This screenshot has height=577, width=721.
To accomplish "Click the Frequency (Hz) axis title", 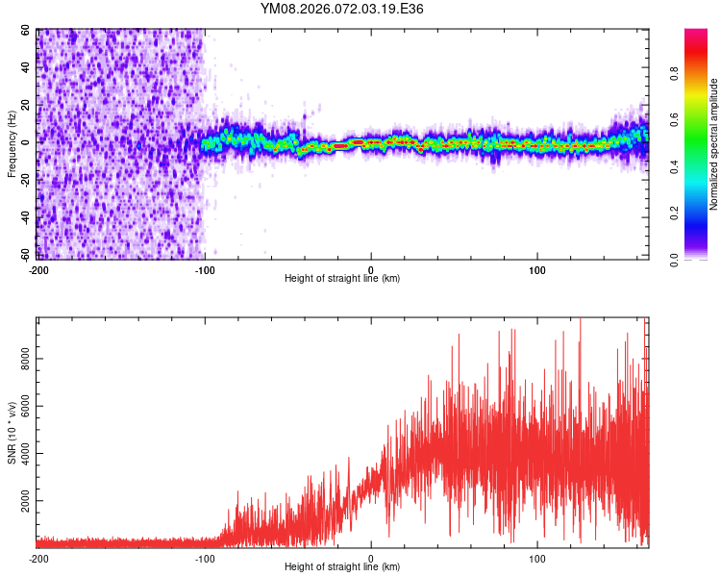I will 12,143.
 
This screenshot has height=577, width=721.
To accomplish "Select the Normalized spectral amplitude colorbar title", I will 714,144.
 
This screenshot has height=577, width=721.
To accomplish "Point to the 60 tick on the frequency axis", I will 26,31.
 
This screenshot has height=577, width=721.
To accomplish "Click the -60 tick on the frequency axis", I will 24,254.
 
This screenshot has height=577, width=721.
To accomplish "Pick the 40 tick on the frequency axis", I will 26,68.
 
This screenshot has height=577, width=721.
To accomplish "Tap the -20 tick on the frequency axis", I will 24,180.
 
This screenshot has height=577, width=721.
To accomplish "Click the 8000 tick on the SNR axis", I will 20,357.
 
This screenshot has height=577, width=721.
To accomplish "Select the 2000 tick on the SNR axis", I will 20,501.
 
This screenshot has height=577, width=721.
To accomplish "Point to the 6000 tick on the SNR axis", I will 20,405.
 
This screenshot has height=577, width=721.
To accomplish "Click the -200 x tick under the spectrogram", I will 38,269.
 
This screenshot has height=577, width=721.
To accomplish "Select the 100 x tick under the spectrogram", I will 538,269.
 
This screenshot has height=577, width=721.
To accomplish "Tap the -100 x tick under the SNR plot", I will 205,558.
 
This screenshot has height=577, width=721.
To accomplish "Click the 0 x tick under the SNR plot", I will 372,558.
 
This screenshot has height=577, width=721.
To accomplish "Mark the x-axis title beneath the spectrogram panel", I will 342,279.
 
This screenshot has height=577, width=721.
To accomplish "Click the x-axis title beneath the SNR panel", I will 342,567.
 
